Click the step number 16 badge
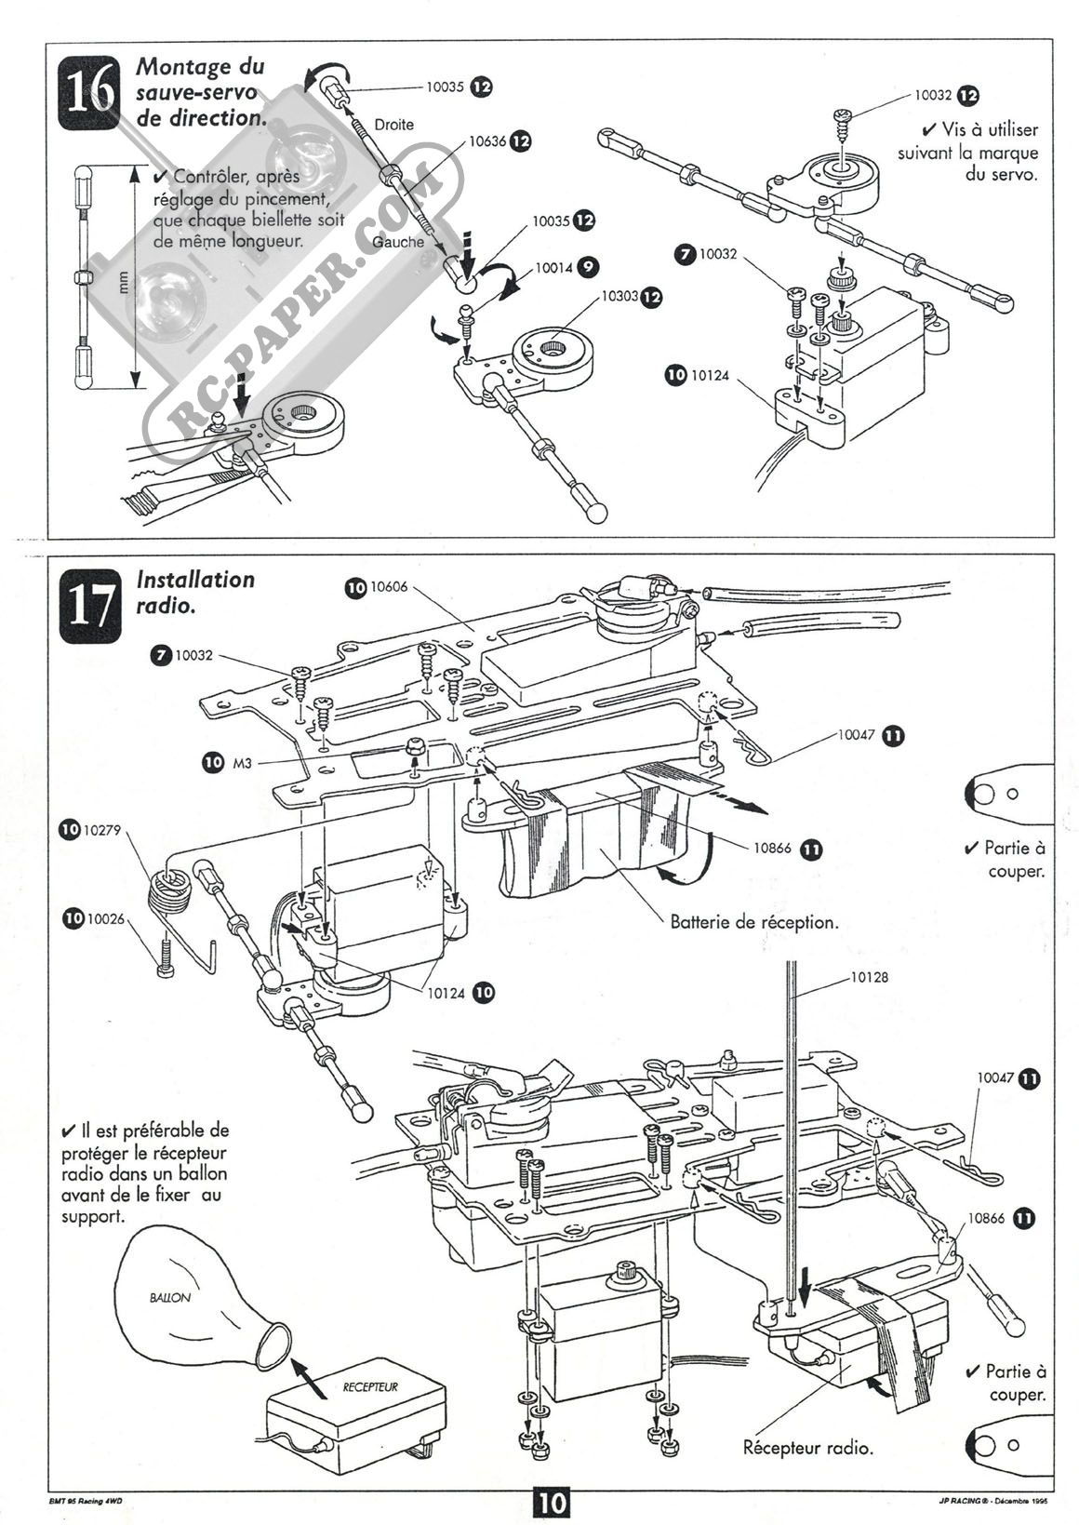pos(89,93)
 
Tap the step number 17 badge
pos(89,607)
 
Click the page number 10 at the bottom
pos(550,1500)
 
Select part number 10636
pos(487,141)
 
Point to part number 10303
pos(619,297)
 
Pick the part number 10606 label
pos(390,588)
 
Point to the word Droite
pos(393,125)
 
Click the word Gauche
pos(398,242)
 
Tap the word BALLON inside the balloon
pos(170,1298)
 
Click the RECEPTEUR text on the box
pos(370,1387)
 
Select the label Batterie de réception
pos(754,922)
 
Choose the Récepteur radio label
pos(807,1447)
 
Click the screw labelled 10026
pos(165,958)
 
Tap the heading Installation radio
pos(195,592)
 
